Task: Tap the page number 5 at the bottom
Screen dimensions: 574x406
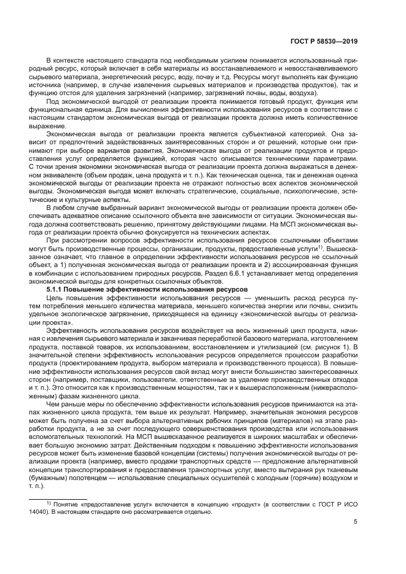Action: [x=356, y=522]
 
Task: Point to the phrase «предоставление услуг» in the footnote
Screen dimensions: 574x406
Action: [x=112, y=503]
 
